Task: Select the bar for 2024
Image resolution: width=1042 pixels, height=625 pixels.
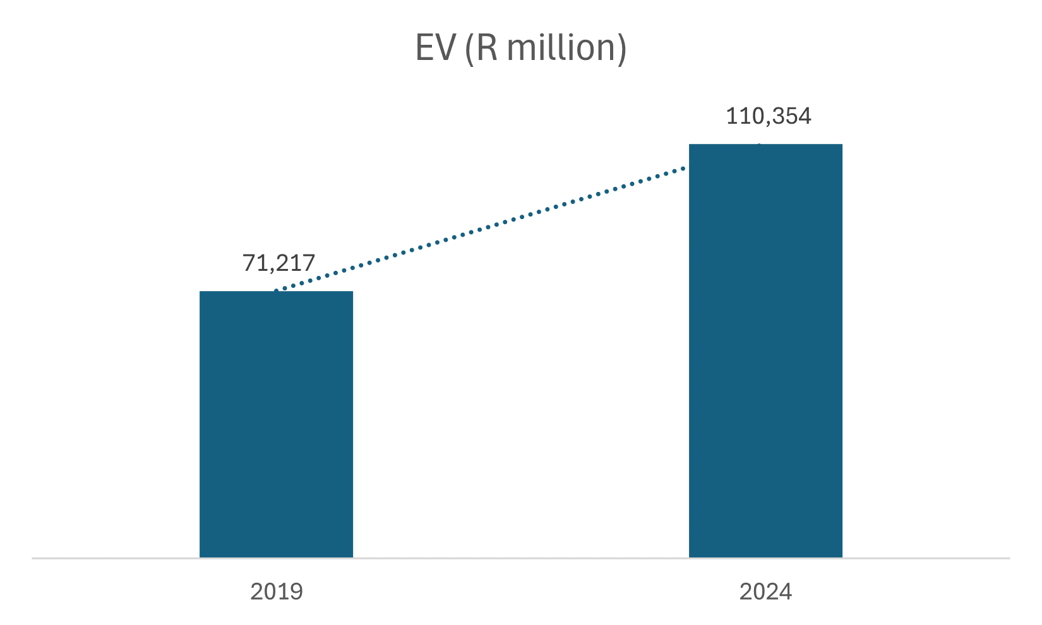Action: [765, 351]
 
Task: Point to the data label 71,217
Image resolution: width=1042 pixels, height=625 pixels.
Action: [278, 263]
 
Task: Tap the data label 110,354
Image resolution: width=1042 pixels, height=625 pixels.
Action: [768, 116]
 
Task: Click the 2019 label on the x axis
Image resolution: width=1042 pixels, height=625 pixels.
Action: [277, 592]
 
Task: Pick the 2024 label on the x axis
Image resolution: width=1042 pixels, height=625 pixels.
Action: [765, 592]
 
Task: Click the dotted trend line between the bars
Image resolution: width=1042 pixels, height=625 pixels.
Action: [480, 229]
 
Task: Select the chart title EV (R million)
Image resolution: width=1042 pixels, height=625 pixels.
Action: [521, 48]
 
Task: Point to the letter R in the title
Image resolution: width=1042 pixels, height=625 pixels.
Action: [487, 48]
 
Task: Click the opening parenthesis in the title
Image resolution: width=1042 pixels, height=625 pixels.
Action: [469, 49]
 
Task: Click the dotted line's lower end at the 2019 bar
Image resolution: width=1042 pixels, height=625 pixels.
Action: [277, 290]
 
